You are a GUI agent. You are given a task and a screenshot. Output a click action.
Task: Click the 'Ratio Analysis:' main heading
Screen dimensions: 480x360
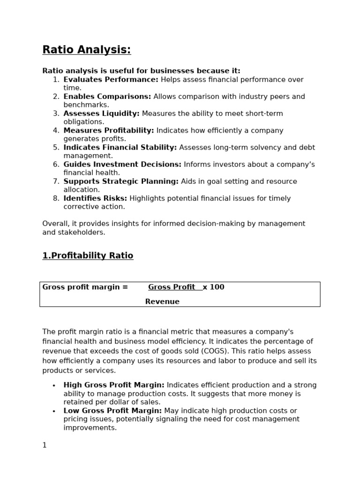pos(87,50)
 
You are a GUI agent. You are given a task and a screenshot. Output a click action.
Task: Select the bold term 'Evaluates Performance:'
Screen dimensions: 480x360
pos(111,80)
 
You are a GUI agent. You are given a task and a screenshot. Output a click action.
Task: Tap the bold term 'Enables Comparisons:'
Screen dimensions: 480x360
pos(107,97)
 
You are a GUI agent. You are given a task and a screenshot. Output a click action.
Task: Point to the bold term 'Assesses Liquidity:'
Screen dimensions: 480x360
pos(101,113)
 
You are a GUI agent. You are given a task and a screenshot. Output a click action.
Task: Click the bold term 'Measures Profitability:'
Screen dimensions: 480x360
pos(108,130)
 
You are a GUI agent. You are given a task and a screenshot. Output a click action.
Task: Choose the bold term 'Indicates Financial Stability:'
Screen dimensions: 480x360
pos(120,147)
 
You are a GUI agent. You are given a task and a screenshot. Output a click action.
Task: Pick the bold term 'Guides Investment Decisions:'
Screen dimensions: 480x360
pos(122,165)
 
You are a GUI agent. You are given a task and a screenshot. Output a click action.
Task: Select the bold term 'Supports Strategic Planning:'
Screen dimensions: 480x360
pos(121,181)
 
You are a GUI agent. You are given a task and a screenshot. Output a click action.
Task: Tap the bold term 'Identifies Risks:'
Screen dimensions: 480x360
pos(95,198)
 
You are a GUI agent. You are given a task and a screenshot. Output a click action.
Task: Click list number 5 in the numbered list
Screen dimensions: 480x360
pos(56,147)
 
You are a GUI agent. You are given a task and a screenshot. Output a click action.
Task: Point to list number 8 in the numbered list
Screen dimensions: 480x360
pos(56,198)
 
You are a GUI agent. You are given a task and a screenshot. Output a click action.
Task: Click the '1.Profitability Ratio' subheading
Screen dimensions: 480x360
pos(88,255)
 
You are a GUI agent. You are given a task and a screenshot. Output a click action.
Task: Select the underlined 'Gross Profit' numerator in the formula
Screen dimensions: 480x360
pos(172,287)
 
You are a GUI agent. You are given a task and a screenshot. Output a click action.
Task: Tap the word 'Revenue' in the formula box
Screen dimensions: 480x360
pos(162,301)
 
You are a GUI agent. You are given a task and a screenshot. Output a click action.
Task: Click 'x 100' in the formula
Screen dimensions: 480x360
pos(214,287)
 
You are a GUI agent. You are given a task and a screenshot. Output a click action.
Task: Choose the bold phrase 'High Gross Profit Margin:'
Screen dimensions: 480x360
pos(114,385)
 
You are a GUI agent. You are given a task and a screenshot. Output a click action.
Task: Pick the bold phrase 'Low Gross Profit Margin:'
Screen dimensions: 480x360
pos(112,411)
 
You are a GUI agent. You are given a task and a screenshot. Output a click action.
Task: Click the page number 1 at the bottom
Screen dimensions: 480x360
pos(45,445)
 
